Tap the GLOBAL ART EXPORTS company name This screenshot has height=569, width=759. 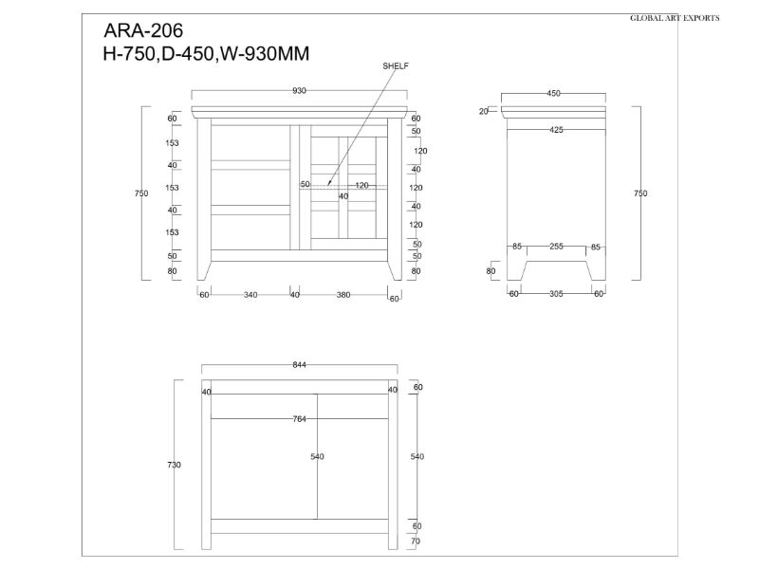675,18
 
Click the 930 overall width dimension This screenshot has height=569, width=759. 300,91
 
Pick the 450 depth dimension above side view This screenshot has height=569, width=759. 553,93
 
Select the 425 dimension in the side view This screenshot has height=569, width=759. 555,130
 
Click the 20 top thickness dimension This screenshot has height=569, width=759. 484,111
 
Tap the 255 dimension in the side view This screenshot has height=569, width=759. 556,247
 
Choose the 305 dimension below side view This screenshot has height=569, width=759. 556,294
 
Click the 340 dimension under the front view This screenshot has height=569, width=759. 250,295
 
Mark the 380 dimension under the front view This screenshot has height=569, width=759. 343,295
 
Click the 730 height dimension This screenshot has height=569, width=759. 174,465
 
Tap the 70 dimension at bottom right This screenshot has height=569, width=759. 417,541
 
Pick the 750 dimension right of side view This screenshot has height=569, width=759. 640,193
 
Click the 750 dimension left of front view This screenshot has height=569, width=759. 141,193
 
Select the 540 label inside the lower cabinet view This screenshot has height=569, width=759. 317,457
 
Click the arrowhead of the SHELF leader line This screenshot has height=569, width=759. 328,183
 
